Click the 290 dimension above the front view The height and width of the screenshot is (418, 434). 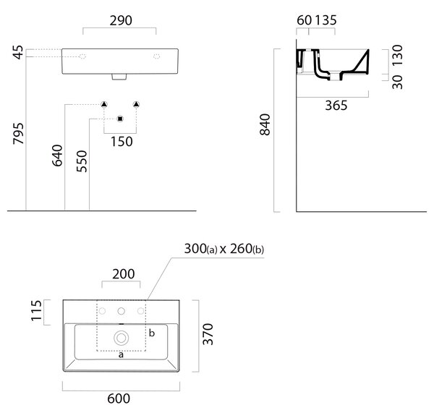click(121, 21)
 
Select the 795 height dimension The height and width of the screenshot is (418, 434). click(19, 134)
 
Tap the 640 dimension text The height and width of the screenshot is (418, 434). click(58, 155)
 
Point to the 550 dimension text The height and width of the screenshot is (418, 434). click(82, 161)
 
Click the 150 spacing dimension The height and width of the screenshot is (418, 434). click(122, 142)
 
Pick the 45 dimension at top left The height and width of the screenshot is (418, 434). click(19, 53)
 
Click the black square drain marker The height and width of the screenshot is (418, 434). click(120, 119)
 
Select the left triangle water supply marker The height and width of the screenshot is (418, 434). click(103, 104)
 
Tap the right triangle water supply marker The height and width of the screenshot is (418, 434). click(136, 104)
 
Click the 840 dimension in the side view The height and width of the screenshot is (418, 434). click(265, 124)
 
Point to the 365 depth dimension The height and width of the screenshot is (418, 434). click(336, 106)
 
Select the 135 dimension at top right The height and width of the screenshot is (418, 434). click(325, 20)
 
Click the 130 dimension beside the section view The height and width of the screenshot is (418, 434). click(397, 56)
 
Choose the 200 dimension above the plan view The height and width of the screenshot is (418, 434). click(124, 274)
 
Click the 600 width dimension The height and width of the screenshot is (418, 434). click(119, 398)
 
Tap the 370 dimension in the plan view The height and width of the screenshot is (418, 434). click(208, 334)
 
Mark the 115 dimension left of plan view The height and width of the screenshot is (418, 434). click(36, 311)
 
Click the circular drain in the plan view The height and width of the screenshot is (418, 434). click(122, 338)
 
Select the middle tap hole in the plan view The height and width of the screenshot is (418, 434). click(122, 311)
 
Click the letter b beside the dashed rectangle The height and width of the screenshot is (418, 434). click(152, 333)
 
